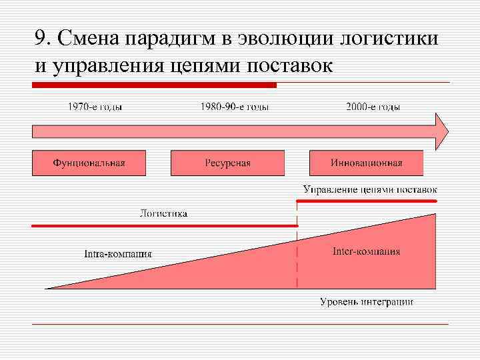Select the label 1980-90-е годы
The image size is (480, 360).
click(x=234, y=107)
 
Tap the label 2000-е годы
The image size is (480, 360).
click(x=373, y=107)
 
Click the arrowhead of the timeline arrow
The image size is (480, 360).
click(x=441, y=131)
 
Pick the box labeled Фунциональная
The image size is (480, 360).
click(x=89, y=163)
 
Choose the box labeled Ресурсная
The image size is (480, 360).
click(x=227, y=163)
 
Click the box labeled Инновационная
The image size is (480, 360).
click(x=366, y=163)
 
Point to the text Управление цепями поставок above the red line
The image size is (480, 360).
click(x=370, y=189)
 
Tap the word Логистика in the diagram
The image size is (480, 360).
click(x=163, y=213)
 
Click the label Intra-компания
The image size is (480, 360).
click(x=118, y=254)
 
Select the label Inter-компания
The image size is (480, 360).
click(x=366, y=251)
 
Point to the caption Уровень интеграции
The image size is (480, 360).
click(x=366, y=302)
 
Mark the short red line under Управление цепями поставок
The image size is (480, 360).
click(x=367, y=200)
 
